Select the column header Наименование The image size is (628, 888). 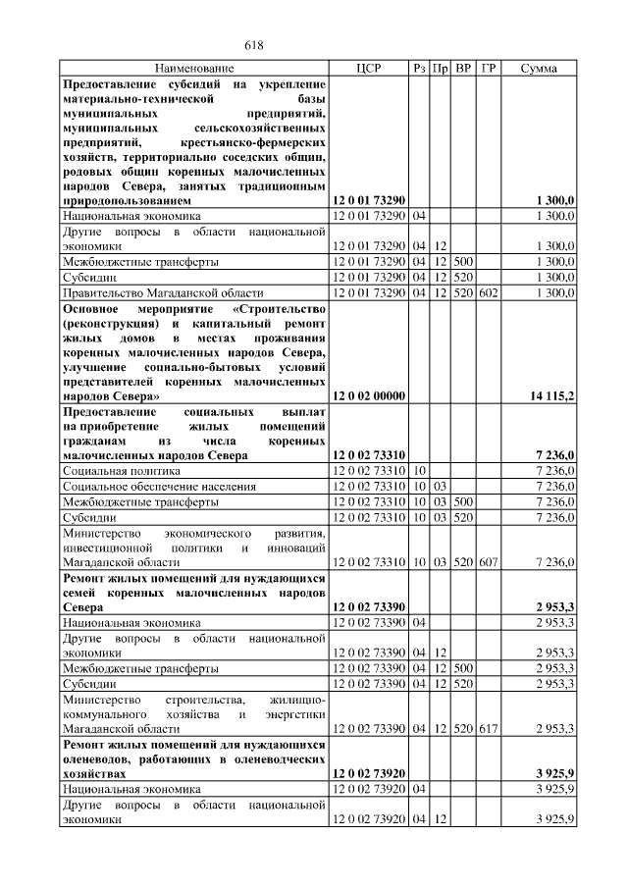(194, 69)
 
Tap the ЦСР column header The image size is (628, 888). (368, 69)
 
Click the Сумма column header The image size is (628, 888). (539, 69)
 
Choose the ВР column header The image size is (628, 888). (464, 69)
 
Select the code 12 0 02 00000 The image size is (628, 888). (368, 395)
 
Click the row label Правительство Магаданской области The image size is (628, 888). (163, 292)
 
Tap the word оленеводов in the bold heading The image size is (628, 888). (98, 758)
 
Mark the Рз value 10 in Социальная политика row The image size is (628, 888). (419, 472)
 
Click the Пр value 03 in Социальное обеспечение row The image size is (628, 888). (441, 487)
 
